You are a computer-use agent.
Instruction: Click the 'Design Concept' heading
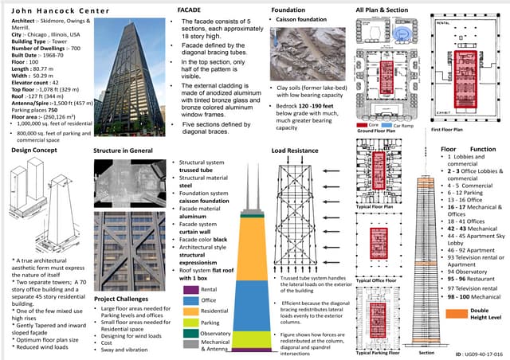[33, 149]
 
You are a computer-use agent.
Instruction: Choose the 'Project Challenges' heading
[120, 299]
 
